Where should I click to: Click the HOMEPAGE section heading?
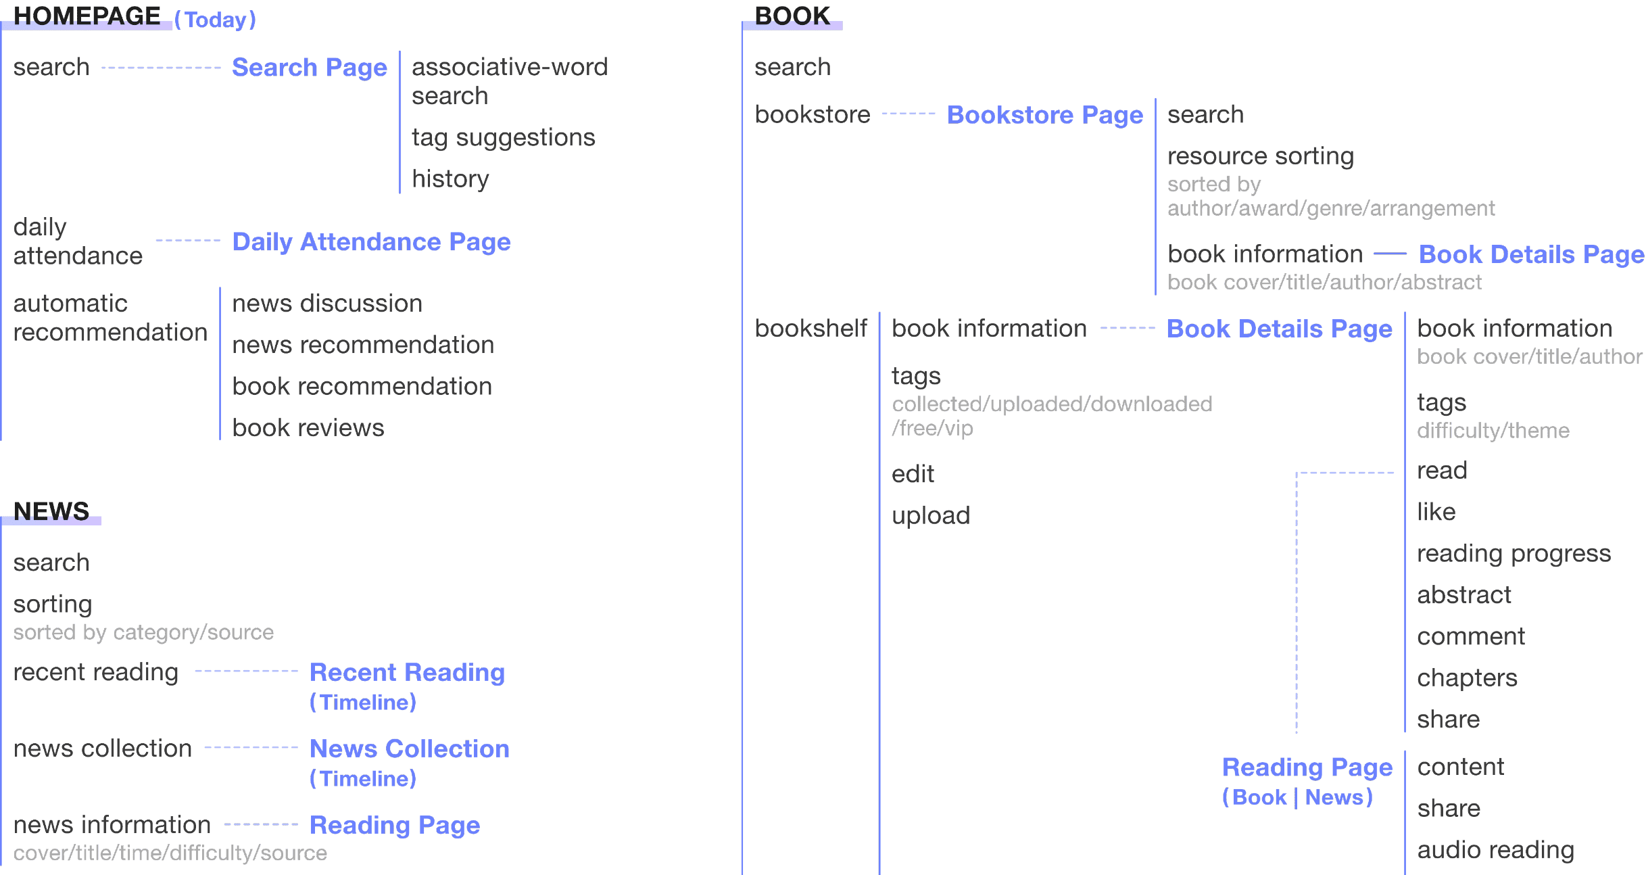87,16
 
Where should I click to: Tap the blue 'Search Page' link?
309,68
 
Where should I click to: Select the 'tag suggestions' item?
503,138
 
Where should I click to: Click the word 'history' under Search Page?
450,179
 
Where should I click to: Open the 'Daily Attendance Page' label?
371,242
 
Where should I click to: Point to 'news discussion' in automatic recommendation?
327,304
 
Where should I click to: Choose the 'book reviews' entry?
308,428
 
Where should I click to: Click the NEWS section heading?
51,511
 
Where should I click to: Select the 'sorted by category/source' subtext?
143,633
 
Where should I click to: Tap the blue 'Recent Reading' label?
407,673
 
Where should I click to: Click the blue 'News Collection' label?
409,749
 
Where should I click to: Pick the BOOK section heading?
792,16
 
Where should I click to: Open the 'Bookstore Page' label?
1045,116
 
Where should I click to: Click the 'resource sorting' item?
1260,156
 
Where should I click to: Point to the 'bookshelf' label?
810,329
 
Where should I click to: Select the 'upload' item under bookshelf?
930,516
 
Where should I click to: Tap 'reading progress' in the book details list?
1514,554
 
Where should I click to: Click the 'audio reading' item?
1495,851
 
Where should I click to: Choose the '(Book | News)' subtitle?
1297,798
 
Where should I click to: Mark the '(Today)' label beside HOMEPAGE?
215,20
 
